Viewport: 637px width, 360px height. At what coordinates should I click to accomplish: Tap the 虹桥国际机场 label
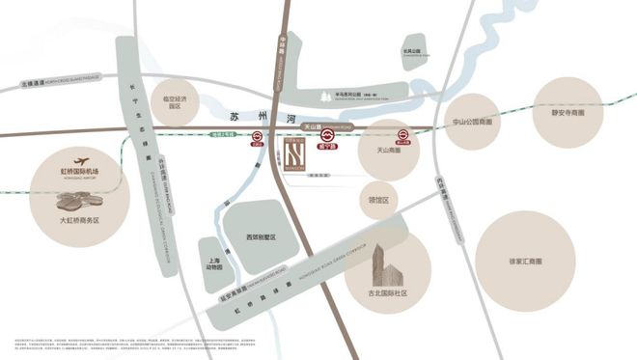(x=79, y=172)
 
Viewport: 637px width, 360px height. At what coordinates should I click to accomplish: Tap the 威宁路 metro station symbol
(x=328, y=136)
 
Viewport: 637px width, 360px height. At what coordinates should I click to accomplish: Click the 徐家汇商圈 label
(x=525, y=261)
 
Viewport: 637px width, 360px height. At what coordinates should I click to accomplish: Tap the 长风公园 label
(x=412, y=51)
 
